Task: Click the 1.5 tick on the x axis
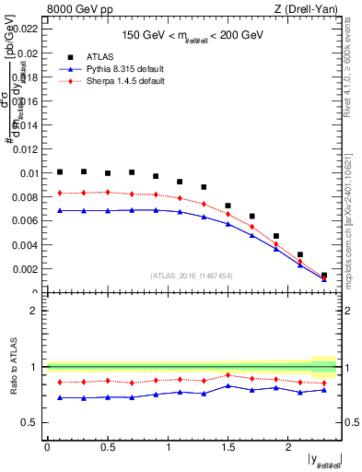(x=228, y=447)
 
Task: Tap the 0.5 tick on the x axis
(x=107, y=447)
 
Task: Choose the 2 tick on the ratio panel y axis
(x=34, y=311)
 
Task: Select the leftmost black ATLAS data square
(x=60, y=171)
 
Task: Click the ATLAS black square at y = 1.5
(x=228, y=206)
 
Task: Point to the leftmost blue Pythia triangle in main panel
(x=60, y=210)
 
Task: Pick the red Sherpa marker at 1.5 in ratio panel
(x=228, y=375)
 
